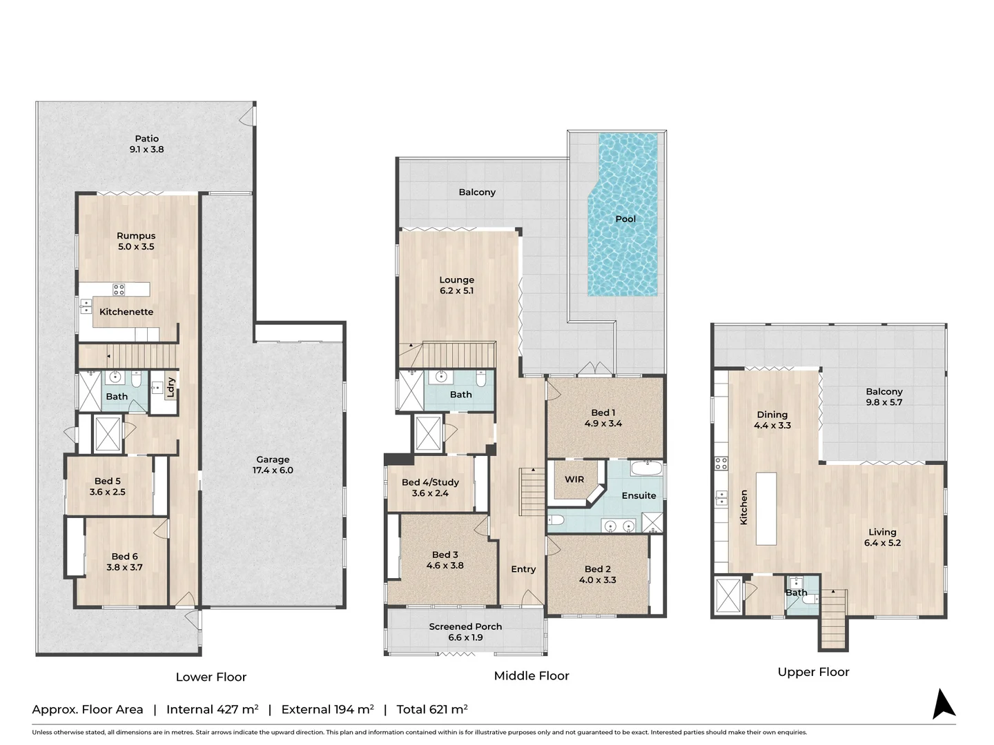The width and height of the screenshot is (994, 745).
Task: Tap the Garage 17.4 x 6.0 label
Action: [273, 464]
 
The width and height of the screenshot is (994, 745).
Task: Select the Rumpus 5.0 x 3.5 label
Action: [136, 241]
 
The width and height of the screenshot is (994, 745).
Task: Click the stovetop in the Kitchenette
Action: [119, 290]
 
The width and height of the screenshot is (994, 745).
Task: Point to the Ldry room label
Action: [170, 387]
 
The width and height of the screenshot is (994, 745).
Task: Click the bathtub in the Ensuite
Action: [646, 468]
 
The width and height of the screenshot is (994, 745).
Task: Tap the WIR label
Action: [574, 479]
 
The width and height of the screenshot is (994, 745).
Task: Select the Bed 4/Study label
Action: [430, 487]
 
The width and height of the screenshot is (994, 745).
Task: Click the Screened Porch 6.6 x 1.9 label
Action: [465, 631]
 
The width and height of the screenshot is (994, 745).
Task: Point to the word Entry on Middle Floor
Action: [523, 569]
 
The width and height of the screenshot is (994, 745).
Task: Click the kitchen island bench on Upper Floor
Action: [766, 508]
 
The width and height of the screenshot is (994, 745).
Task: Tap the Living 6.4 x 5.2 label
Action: [882, 537]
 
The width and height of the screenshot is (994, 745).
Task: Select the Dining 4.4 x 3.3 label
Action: [772, 419]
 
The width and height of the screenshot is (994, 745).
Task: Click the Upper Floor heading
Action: [813, 672]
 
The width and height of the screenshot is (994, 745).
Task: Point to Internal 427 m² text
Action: [212, 709]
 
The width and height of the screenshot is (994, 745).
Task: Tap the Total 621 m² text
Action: [432, 709]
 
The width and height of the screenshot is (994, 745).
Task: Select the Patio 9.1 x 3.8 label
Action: [146, 143]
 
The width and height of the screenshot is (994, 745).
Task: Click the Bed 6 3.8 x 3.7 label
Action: [124, 562]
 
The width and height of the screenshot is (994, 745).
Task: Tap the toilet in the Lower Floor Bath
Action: [136, 379]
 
